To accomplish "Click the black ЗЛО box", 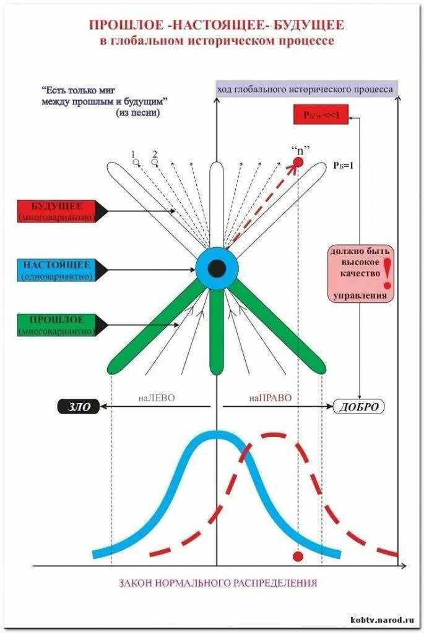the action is [x=78, y=407].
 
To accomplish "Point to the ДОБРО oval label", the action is [x=358, y=407].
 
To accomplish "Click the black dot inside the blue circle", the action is [x=217, y=268].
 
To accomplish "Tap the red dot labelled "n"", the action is [x=298, y=162].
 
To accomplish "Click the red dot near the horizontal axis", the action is [x=298, y=556].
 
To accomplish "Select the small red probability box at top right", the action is [x=321, y=115].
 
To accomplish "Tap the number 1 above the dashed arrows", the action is [x=132, y=154].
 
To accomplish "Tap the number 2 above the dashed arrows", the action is [x=154, y=154].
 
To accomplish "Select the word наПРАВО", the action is [x=270, y=399].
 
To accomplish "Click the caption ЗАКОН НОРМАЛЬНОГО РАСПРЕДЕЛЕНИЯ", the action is [x=217, y=582].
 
